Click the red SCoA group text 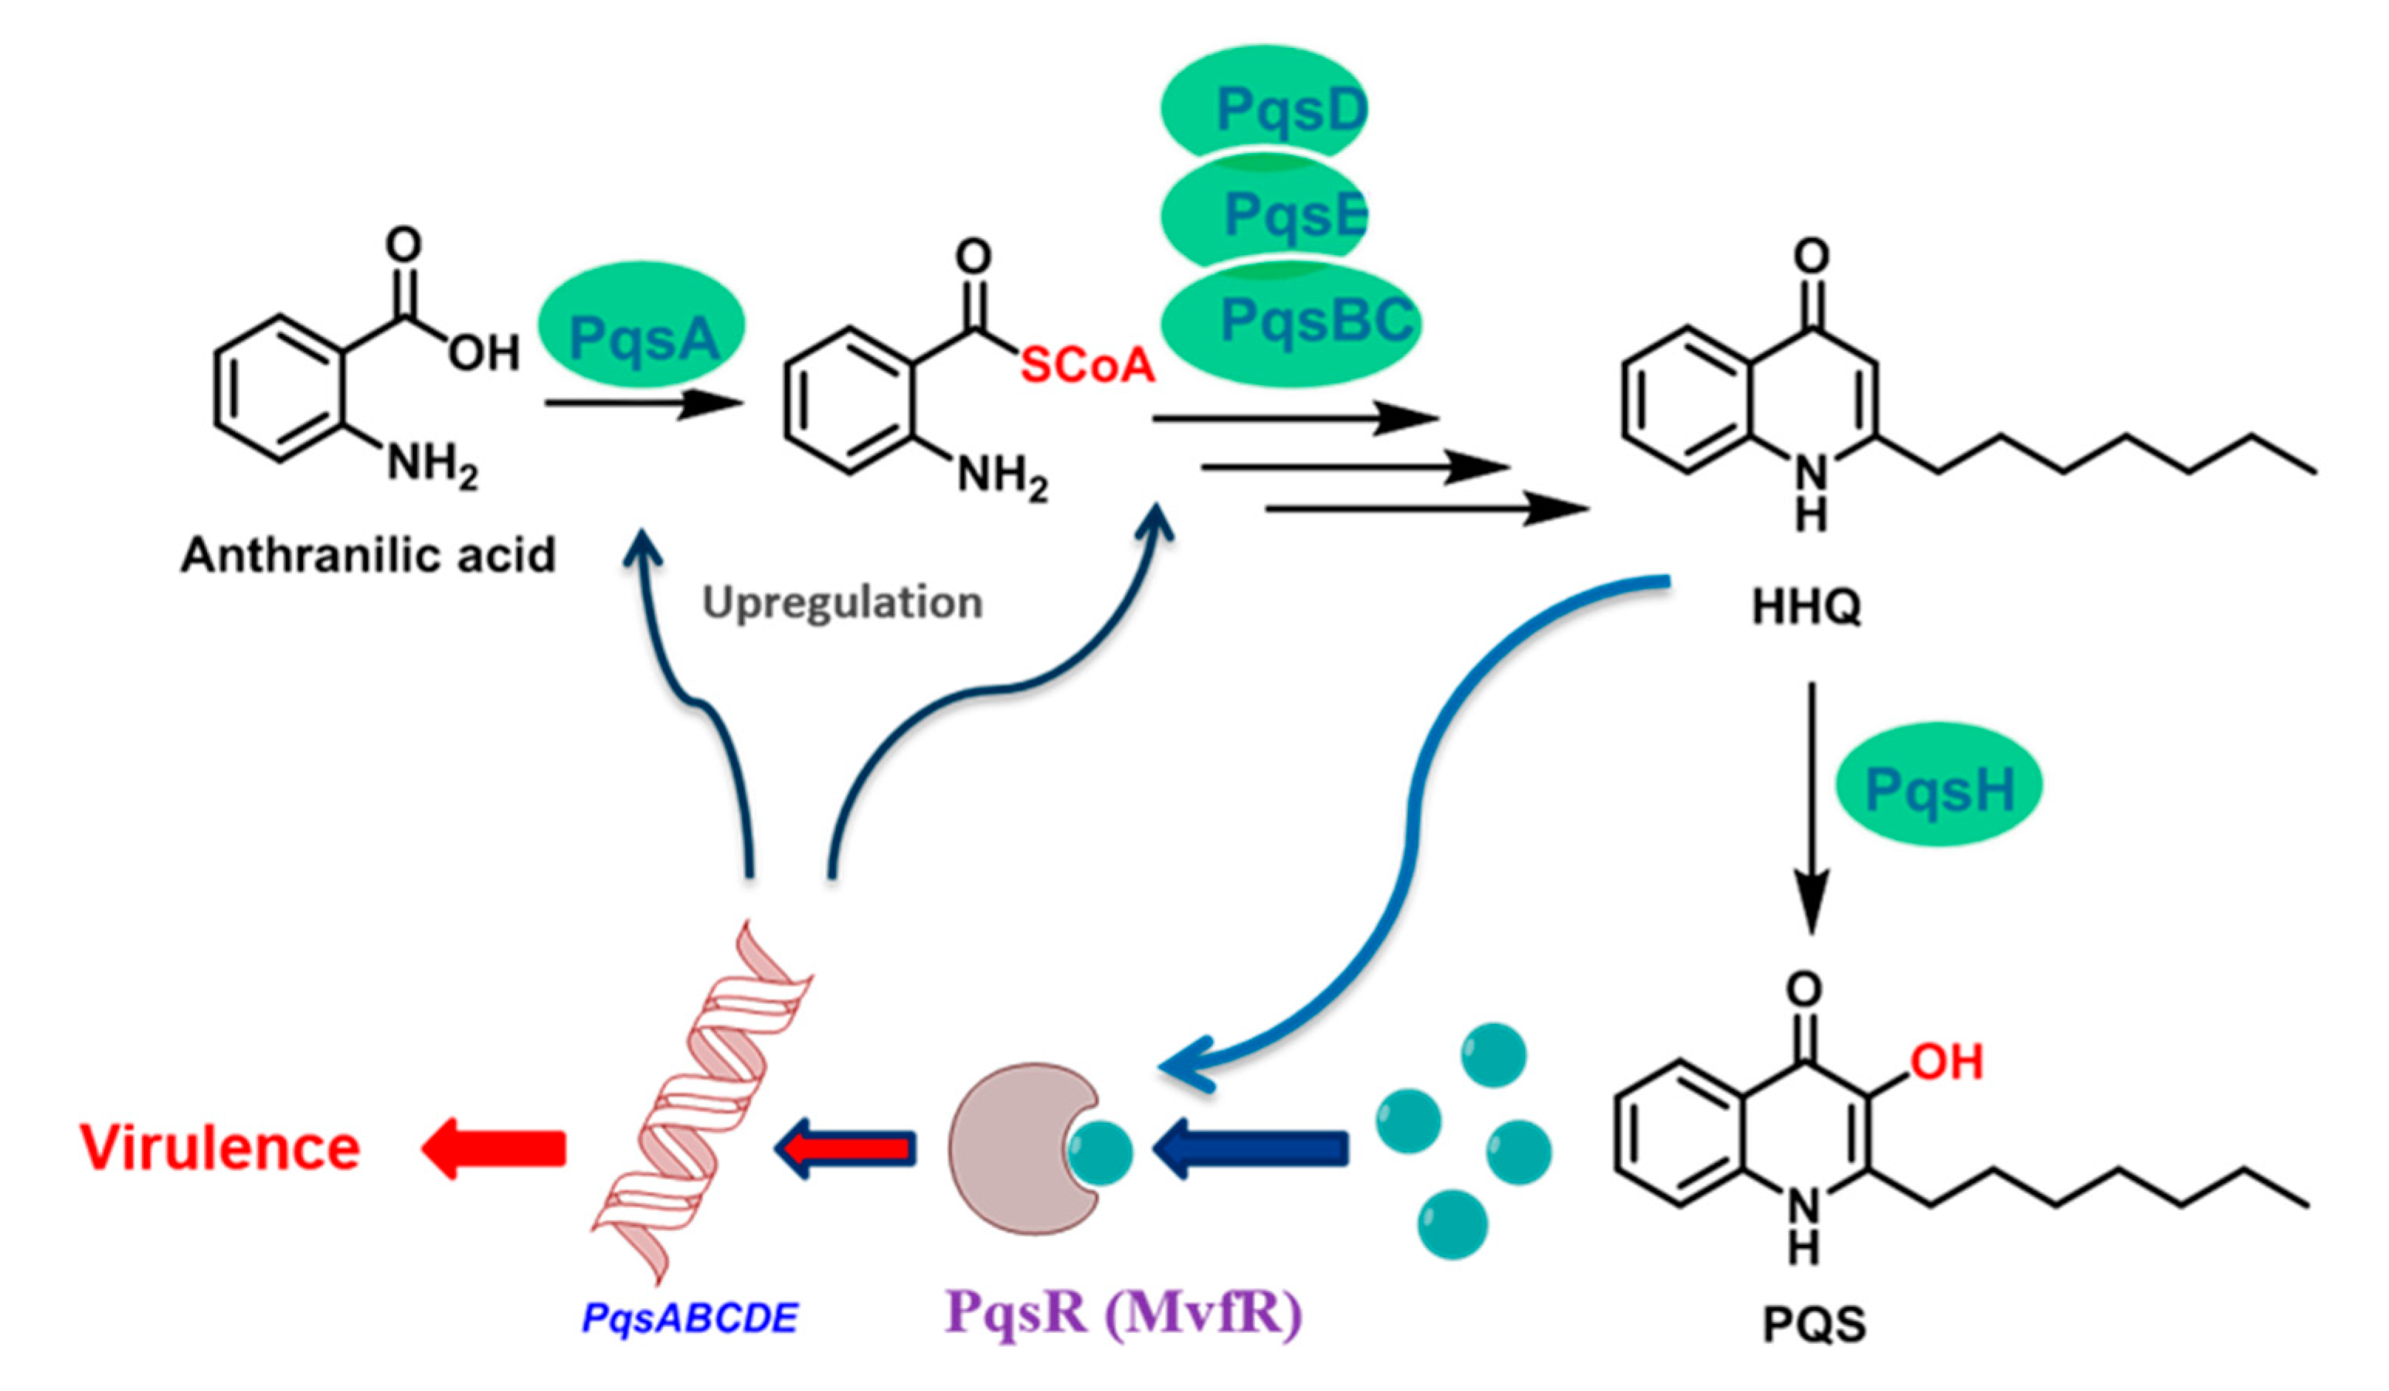(1087, 365)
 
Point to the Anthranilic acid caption (368, 555)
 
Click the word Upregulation (842, 602)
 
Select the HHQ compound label (1806, 607)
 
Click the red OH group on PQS (1946, 1062)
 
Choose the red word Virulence (220, 1148)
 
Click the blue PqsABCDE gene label (690, 1318)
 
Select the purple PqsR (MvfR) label (1123, 1312)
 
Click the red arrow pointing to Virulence (493, 1148)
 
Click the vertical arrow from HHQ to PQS (1812, 806)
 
